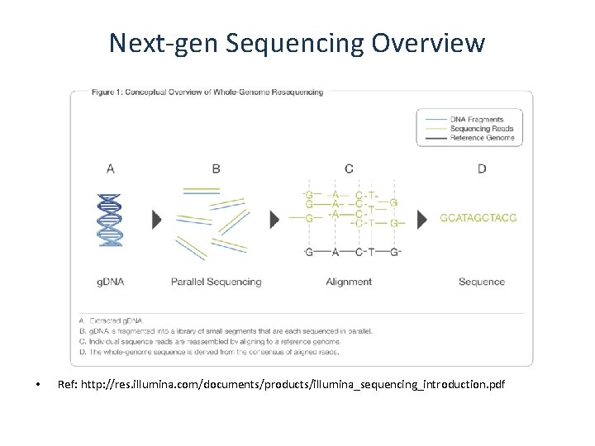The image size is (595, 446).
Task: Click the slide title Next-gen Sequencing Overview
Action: click(297, 43)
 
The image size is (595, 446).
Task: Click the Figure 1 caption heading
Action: click(197, 93)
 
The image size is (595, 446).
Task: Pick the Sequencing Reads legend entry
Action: click(482, 128)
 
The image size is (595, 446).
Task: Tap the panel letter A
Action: click(111, 169)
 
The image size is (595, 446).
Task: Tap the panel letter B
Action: click(216, 169)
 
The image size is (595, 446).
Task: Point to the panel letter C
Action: click(349, 169)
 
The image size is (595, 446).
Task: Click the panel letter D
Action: click(482, 169)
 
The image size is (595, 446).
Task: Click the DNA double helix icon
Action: click(111, 219)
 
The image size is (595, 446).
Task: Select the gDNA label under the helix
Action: click(111, 282)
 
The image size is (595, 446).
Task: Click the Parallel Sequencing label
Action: click(216, 282)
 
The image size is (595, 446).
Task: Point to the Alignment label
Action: click(349, 282)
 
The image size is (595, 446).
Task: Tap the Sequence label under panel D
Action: click(482, 282)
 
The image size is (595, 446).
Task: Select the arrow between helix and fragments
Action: click(156, 219)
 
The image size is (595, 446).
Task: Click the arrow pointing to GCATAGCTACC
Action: click(422, 219)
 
